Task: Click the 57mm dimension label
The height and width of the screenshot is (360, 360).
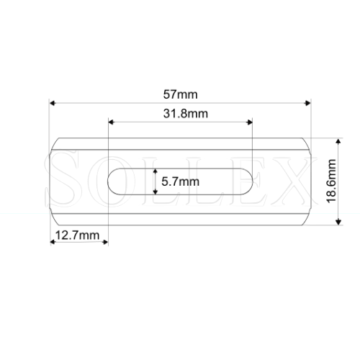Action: click(180, 94)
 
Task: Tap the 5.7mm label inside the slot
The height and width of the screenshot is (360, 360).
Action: click(180, 182)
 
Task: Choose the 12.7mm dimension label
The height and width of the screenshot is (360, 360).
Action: click(76, 235)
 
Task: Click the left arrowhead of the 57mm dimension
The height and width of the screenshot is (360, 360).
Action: click(52, 103)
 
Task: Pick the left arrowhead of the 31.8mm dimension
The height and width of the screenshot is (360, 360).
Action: click(110, 122)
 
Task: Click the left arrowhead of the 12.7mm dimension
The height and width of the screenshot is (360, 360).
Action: click(52, 242)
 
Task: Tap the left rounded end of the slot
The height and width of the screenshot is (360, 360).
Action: click(112, 182)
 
